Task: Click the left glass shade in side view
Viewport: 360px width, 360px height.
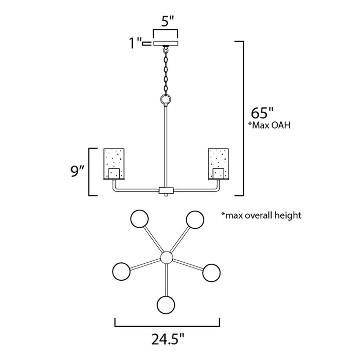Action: click(x=114, y=164)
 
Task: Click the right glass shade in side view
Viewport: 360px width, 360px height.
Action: click(x=218, y=164)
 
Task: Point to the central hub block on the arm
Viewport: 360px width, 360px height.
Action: click(x=166, y=190)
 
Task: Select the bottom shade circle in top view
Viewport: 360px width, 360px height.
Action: click(x=166, y=304)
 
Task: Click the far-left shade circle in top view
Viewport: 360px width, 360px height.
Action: click(x=121, y=271)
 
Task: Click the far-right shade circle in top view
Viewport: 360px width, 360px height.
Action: click(x=211, y=271)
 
